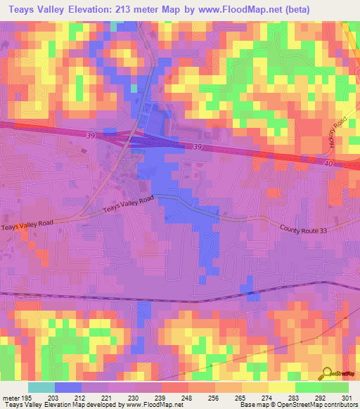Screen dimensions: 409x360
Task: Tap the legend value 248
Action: coord(187,397)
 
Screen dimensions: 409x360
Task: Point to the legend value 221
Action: coord(108,397)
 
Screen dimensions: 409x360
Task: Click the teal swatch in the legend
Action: coord(41,387)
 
